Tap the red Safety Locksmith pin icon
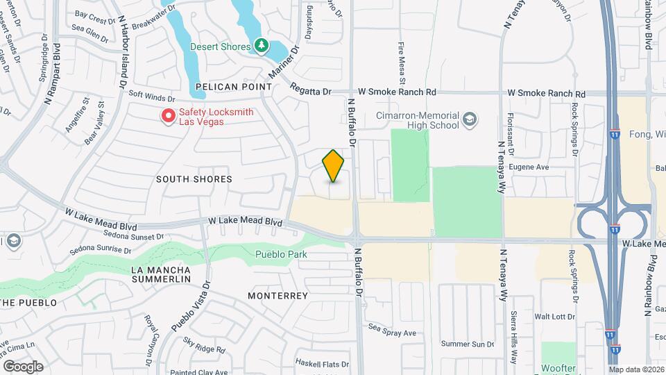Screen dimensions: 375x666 (x=167, y=116)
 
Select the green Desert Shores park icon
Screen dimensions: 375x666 (x=261, y=47)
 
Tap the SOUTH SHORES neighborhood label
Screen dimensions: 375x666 (x=194, y=179)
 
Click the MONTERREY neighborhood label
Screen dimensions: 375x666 (x=277, y=296)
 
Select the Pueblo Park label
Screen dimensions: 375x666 (x=281, y=255)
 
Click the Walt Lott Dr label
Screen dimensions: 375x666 (x=555, y=317)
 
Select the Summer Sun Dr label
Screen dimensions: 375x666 (x=468, y=344)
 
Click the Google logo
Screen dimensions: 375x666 (x=23, y=367)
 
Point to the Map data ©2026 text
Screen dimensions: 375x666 (x=636, y=369)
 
